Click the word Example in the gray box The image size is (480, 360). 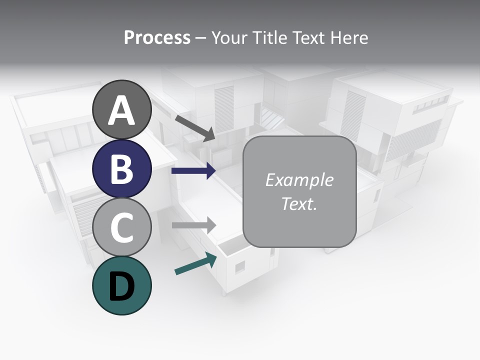tap(299, 180)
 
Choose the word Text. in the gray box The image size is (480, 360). tap(299, 204)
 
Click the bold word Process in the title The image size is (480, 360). tap(157, 37)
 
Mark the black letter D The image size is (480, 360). tap(122, 286)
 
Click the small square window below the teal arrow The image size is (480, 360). tap(240, 267)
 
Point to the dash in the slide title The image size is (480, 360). tap(201, 38)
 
